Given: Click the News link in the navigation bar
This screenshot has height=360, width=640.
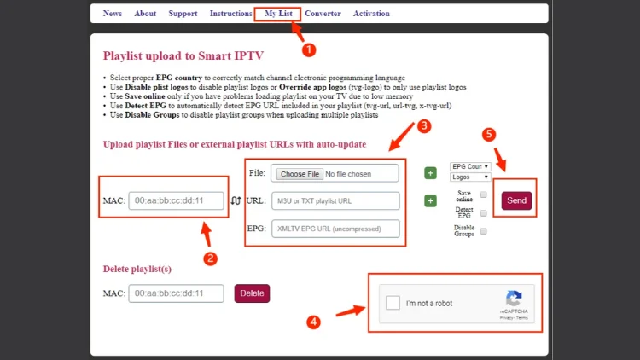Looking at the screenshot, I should (112, 14).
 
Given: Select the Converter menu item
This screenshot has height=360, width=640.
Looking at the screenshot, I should (323, 14).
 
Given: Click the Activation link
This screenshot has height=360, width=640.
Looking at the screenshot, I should (371, 14).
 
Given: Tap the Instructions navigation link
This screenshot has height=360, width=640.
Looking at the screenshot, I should (230, 14).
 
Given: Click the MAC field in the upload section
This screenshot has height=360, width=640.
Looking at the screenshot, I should (177, 200).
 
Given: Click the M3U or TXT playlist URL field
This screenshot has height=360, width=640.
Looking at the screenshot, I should (335, 201).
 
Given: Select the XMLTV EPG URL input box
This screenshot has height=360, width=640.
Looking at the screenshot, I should (335, 229).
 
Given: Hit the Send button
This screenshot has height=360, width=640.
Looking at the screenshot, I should (516, 200).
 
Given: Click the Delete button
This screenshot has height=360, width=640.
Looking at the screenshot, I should (252, 293).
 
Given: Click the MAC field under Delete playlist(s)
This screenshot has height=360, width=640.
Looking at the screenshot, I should (177, 293).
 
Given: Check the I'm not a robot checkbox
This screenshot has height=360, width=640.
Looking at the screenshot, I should (393, 303).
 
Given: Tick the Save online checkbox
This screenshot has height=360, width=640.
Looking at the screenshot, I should (484, 194).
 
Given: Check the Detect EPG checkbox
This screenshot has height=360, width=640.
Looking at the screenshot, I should (484, 212).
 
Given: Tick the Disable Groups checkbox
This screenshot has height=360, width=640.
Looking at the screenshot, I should (484, 231).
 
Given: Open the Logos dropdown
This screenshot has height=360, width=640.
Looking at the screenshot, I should (470, 177).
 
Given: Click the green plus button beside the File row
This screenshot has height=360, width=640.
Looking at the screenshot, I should (430, 173).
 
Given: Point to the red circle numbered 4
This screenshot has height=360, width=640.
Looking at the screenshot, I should (314, 322).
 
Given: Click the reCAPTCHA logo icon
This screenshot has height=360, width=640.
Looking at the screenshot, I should (514, 299).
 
